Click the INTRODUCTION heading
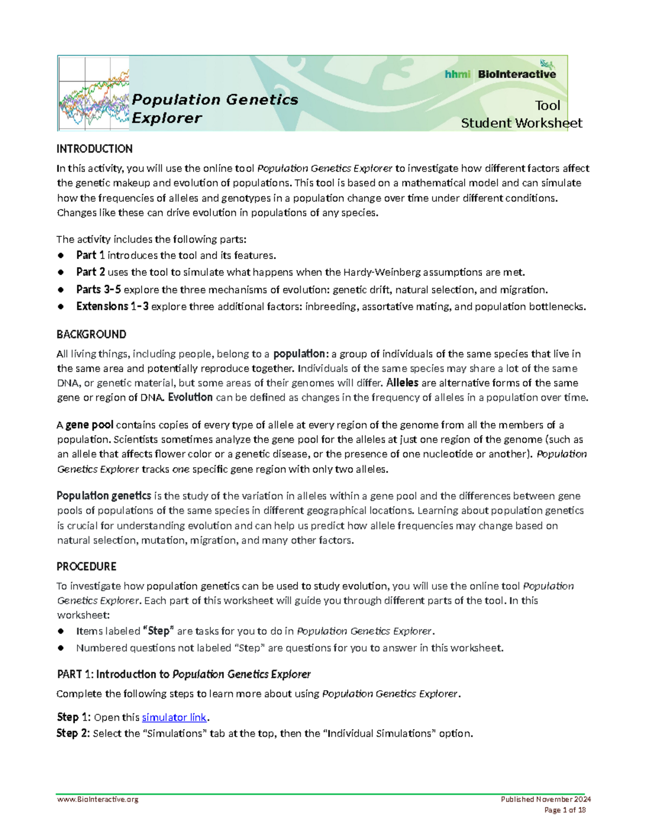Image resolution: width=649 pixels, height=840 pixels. [95, 149]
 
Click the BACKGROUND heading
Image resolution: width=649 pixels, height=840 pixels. [91, 334]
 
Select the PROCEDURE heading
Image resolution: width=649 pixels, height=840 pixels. [87, 566]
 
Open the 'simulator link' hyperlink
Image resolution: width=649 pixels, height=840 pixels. [174, 717]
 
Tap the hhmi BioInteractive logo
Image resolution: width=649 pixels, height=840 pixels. [500, 74]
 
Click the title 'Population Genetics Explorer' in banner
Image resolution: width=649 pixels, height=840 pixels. [215, 109]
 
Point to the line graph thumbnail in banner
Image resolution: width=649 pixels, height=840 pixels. [93, 94]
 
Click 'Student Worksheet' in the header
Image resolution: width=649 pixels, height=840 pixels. [521, 123]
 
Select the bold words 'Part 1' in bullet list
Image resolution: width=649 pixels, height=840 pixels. [90, 255]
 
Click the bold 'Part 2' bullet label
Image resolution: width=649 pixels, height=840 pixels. [90, 272]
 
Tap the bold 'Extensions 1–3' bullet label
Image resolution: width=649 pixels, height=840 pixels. [112, 307]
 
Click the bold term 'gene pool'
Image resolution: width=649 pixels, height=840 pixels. [89, 425]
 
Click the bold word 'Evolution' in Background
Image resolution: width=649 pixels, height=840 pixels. [190, 398]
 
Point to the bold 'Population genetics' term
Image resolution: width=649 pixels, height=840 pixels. [104, 496]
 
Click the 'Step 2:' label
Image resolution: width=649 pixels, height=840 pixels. [74, 733]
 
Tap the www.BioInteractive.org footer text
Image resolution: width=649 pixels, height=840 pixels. [98, 799]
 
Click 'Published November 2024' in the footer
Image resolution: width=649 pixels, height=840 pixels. [546, 799]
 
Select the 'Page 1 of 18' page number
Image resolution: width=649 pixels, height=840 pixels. [565, 810]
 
